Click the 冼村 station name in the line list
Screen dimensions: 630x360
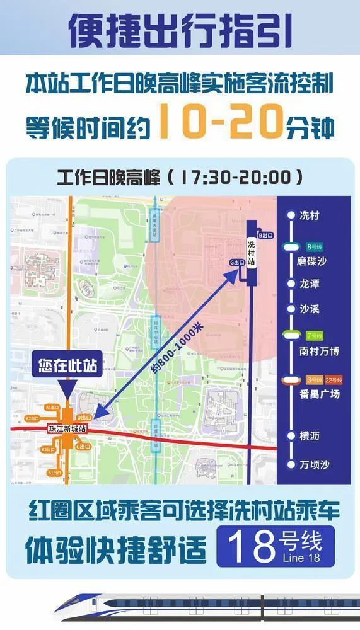(x=311, y=215)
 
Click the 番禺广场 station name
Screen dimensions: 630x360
(x=319, y=394)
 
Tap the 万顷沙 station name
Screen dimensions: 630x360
(x=314, y=465)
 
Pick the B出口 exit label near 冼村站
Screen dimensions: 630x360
(x=265, y=236)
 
